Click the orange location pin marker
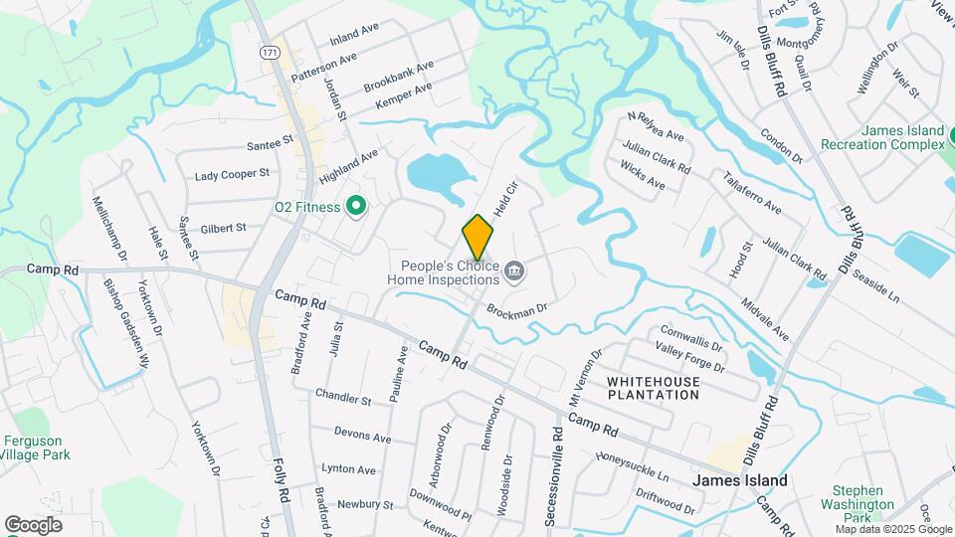pos(477,236)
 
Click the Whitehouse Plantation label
pos(653,388)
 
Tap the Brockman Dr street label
pos(517,310)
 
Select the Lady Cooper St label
pos(232,174)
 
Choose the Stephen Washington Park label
pos(858,497)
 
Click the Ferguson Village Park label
pos(33,447)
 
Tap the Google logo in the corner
pos(33,524)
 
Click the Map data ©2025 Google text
pos(893,529)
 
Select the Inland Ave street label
pos(355,34)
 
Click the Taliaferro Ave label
pos(753,196)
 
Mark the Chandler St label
pos(343,398)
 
